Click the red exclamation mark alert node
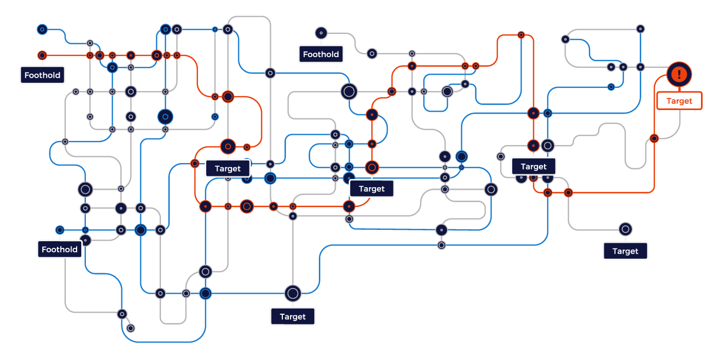pos(679,75)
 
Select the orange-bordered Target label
pos(679,101)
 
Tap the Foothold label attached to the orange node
pos(43,75)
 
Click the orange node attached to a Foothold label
pos(42,55)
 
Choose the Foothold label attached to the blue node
pos(60,249)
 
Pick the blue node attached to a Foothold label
pos(60,230)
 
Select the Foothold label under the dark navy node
pos(321,54)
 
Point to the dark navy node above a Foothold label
pos(321,33)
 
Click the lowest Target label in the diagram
pos(293,316)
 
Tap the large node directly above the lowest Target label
pos(293,293)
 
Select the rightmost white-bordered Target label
pos(625,251)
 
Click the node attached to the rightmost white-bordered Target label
pos(625,229)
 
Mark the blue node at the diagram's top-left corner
pos(42,29)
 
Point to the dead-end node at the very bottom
pos(131,328)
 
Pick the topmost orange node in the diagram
pos(521,35)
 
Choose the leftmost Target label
pos(227,168)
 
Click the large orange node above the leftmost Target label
pos(228,147)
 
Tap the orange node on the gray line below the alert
pos(654,138)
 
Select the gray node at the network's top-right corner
pos(640,29)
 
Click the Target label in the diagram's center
pos(371,189)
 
